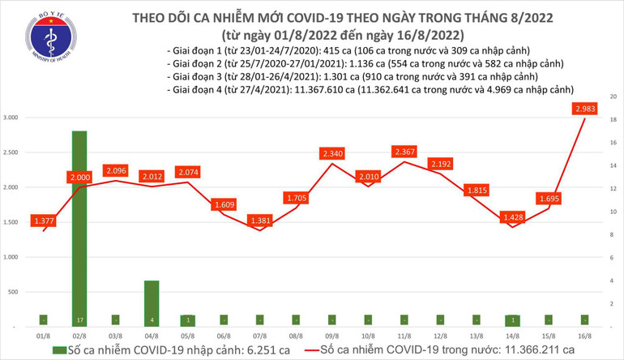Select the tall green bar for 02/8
point(80,227)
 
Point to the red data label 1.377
point(45,221)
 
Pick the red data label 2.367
point(403,152)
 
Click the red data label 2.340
point(332,153)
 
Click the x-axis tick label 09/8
point(331,334)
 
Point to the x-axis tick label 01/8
point(45,334)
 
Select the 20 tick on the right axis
point(612,96)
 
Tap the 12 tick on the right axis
point(612,188)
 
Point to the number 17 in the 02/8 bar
point(80,319)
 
